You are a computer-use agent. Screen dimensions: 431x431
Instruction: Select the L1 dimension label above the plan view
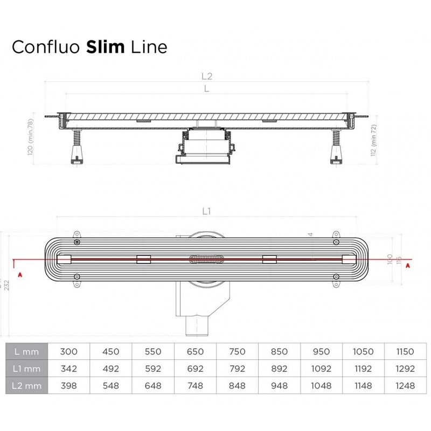[206, 212]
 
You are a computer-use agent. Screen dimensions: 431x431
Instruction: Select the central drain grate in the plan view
[206, 259]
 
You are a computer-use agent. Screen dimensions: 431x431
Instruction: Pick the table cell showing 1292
[404, 369]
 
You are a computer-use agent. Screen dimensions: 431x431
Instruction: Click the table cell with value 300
[69, 352]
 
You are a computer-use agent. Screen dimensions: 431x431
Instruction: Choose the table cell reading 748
[195, 386]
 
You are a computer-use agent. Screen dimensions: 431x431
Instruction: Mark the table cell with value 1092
[321, 369]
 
